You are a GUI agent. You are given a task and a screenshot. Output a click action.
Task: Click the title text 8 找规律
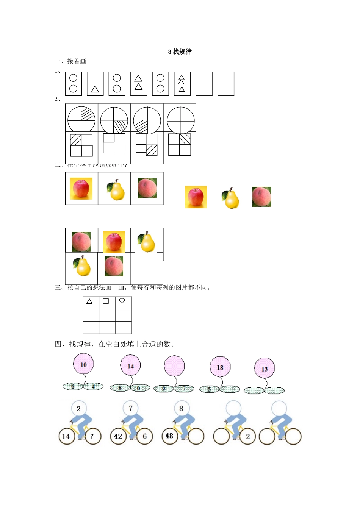[180, 52]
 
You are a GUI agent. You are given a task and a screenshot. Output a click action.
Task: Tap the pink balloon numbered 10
[83, 364]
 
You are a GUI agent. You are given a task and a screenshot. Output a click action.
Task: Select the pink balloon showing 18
[220, 367]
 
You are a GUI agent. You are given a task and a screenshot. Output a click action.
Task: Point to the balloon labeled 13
[265, 368]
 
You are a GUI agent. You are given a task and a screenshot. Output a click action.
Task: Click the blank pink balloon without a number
[174, 366]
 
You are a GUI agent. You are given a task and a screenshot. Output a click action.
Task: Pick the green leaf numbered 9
[164, 389]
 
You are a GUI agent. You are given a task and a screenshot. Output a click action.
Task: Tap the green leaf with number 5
[209, 389]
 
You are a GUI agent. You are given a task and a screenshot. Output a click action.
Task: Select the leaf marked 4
[94, 386]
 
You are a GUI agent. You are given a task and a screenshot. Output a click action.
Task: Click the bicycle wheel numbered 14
[66, 436]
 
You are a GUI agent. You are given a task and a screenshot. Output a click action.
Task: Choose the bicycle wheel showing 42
[118, 436]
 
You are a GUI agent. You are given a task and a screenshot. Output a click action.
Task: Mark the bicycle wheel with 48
[169, 436]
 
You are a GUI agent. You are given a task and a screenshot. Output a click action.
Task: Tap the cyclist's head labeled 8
[181, 408]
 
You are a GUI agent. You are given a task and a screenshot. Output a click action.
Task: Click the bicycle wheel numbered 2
[247, 436]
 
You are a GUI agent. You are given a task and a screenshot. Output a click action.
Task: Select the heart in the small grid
[122, 301]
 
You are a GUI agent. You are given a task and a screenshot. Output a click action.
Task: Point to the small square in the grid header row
[106, 301]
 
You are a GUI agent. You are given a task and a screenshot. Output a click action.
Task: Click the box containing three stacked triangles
[182, 84]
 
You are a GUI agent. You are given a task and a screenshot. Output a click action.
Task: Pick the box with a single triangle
[95, 84]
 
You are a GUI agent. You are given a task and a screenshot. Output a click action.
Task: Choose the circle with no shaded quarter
[181, 120]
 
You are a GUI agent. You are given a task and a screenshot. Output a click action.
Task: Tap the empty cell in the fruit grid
[147, 269]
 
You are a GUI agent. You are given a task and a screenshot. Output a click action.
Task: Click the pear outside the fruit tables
[231, 198]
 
